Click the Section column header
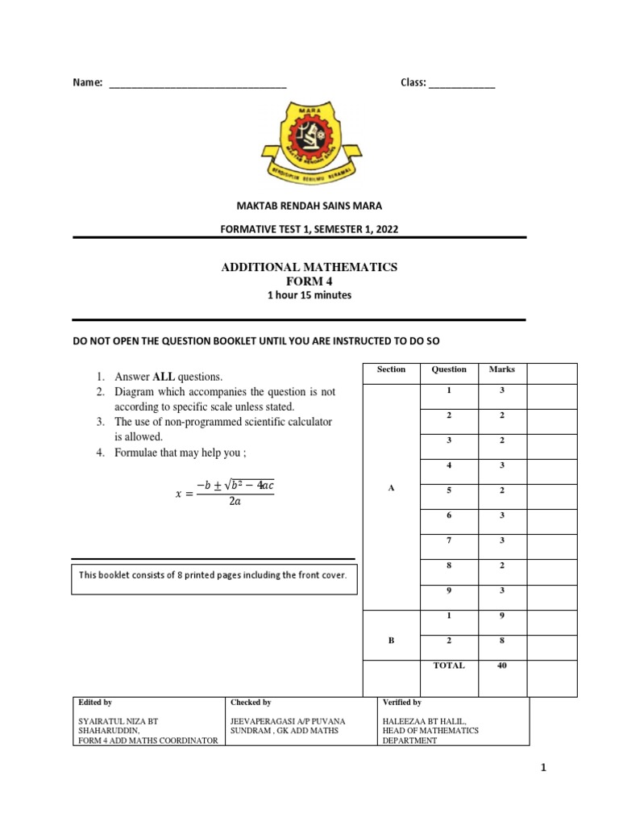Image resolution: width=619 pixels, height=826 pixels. pyautogui.click(x=391, y=369)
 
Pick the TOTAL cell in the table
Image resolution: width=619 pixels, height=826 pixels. pyautogui.click(x=449, y=665)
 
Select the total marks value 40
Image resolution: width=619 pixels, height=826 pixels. pyautogui.click(x=501, y=665)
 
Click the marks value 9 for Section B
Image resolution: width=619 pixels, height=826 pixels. pyautogui.click(x=501, y=615)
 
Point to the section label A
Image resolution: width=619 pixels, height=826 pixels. pyautogui.click(x=391, y=489)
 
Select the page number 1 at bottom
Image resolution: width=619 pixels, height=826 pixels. pyautogui.click(x=543, y=768)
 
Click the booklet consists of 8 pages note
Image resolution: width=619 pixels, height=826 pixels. pyautogui.click(x=213, y=575)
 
